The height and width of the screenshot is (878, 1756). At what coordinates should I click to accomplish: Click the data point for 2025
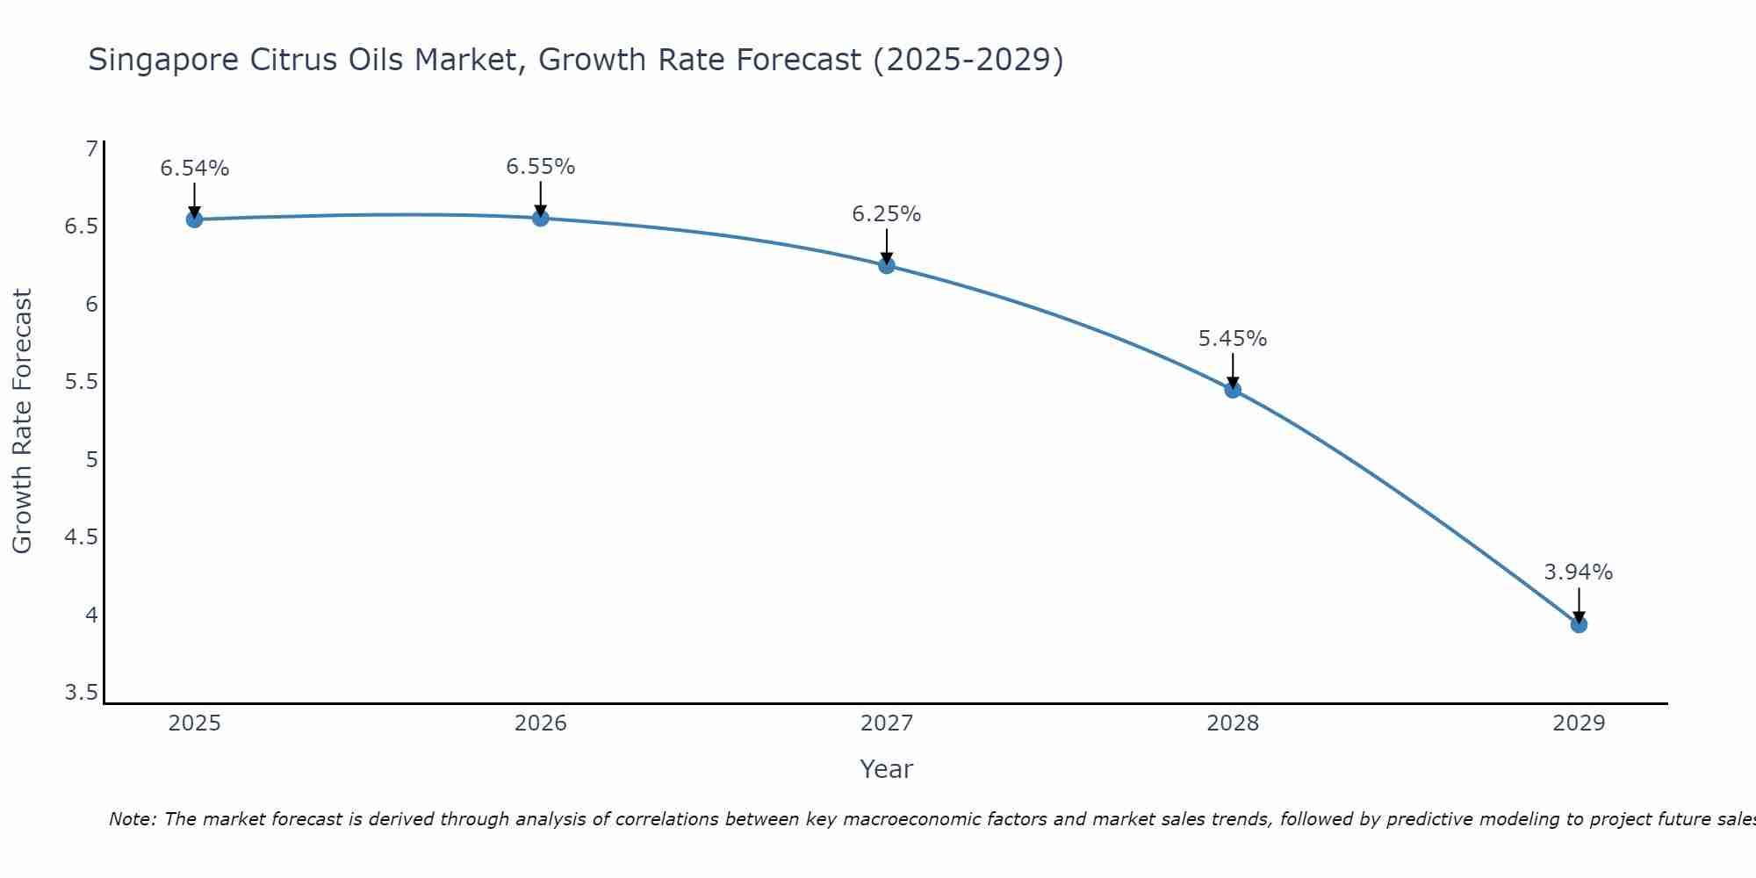click(x=195, y=219)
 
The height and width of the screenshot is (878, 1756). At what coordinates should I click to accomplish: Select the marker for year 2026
click(x=541, y=218)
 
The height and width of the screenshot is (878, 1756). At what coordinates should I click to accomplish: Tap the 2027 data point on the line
click(x=887, y=265)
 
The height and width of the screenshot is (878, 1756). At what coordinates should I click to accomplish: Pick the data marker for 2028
click(x=1233, y=390)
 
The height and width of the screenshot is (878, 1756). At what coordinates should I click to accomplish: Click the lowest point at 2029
click(x=1579, y=624)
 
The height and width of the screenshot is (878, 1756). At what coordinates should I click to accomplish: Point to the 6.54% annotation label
click(x=195, y=169)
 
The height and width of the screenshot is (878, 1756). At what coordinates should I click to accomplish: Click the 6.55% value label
click(x=541, y=167)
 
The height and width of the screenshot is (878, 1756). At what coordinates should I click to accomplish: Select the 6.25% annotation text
click(x=887, y=214)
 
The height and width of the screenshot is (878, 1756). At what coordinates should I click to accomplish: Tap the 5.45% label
click(x=1233, y=339)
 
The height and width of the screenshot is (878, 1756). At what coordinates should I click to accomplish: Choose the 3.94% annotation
click(x=1579, y=572)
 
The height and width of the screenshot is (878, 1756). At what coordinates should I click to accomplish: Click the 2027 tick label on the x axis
click(x=887, y=723)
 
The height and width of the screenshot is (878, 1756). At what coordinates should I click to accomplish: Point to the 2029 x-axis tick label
click(x=1579, y=723)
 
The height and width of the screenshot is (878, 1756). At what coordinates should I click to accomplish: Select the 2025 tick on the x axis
click(x=195, y=723)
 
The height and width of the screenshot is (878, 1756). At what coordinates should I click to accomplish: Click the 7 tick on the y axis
click(x=91, y=149)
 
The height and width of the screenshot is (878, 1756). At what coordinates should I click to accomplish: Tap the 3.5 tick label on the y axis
click(x=82, y=693)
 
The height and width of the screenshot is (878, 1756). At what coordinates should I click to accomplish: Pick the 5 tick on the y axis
click(x=91, y=459)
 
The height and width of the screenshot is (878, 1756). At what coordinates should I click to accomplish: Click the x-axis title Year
click(x=887, y=769)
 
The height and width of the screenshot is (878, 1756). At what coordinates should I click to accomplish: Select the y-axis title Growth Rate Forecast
click(x=23, y=421)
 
